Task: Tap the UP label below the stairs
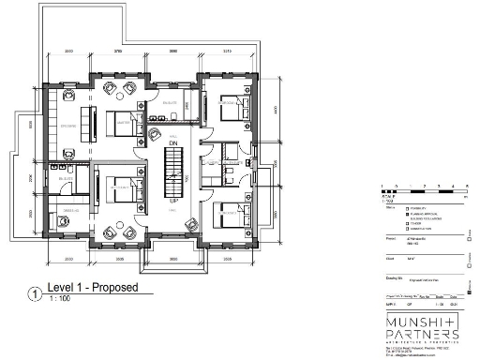173,201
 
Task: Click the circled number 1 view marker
35,292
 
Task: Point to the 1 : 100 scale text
59,299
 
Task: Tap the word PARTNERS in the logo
421,337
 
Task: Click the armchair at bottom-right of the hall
190,224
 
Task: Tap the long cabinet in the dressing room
93,121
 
